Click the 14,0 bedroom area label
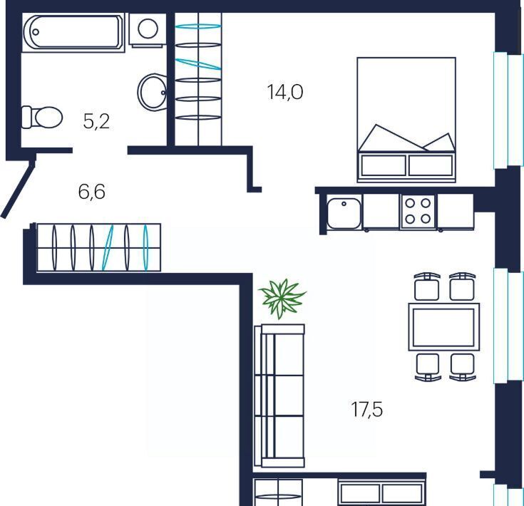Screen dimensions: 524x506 [x=285, y=92]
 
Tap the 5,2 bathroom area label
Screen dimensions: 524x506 [x=96, y=121]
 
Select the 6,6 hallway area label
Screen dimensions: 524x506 [x=91, y=192]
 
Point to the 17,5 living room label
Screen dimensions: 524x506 [x=366, y=409]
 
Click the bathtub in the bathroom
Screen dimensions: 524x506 [x=73, y=33]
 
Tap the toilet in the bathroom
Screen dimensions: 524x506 [x=42, y=117]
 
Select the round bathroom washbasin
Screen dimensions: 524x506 [x=152, y=91]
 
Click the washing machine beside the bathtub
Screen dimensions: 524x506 [x=148, y=30]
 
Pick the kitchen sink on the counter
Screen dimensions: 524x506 [x=344, y=213]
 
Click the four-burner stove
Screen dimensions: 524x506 [x=418, y=212]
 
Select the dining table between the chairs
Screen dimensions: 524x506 [x=443, y=327]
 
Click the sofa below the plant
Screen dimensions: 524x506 [x=279, y=396]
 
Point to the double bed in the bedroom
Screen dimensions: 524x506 [x=406, y=120]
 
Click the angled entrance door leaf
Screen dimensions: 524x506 [x=18, y=190]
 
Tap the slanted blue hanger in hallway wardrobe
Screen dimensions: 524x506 [x=108, y=247]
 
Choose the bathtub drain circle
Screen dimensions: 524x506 [x=36, y=32]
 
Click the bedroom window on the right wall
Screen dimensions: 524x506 [x=508, y=110]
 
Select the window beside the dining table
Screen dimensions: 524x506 [x=508, y=326]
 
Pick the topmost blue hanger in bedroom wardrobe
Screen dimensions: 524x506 [x=198, y=26]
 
